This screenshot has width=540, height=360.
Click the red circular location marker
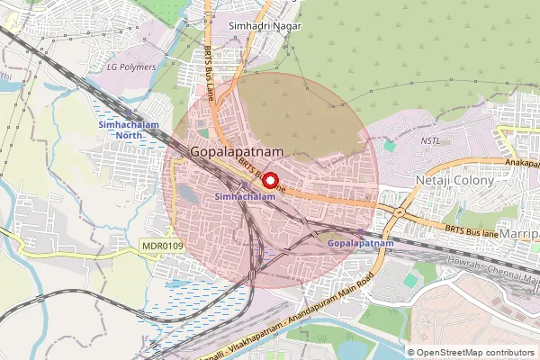(x=270, y=178)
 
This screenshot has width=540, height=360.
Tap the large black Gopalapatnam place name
(x=238, y=154)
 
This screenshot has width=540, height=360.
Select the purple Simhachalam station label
(x=245, y=195)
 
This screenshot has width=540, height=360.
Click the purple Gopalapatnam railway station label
(x=360, y=244)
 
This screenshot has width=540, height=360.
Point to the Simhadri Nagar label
(x=262, y=27)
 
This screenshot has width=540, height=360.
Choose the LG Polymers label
(x=131, y=67)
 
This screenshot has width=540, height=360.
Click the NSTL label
(x=431, y=141)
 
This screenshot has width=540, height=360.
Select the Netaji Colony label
(x=454, y=181)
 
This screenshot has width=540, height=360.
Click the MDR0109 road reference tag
(x=162, y=244)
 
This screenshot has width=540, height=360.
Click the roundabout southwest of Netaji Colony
(x=397, y=211)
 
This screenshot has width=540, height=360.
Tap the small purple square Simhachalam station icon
(x=246, y=185)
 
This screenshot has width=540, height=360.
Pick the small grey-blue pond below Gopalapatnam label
(x=187, y=193)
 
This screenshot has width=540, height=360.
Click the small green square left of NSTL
(x=389, y=145)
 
